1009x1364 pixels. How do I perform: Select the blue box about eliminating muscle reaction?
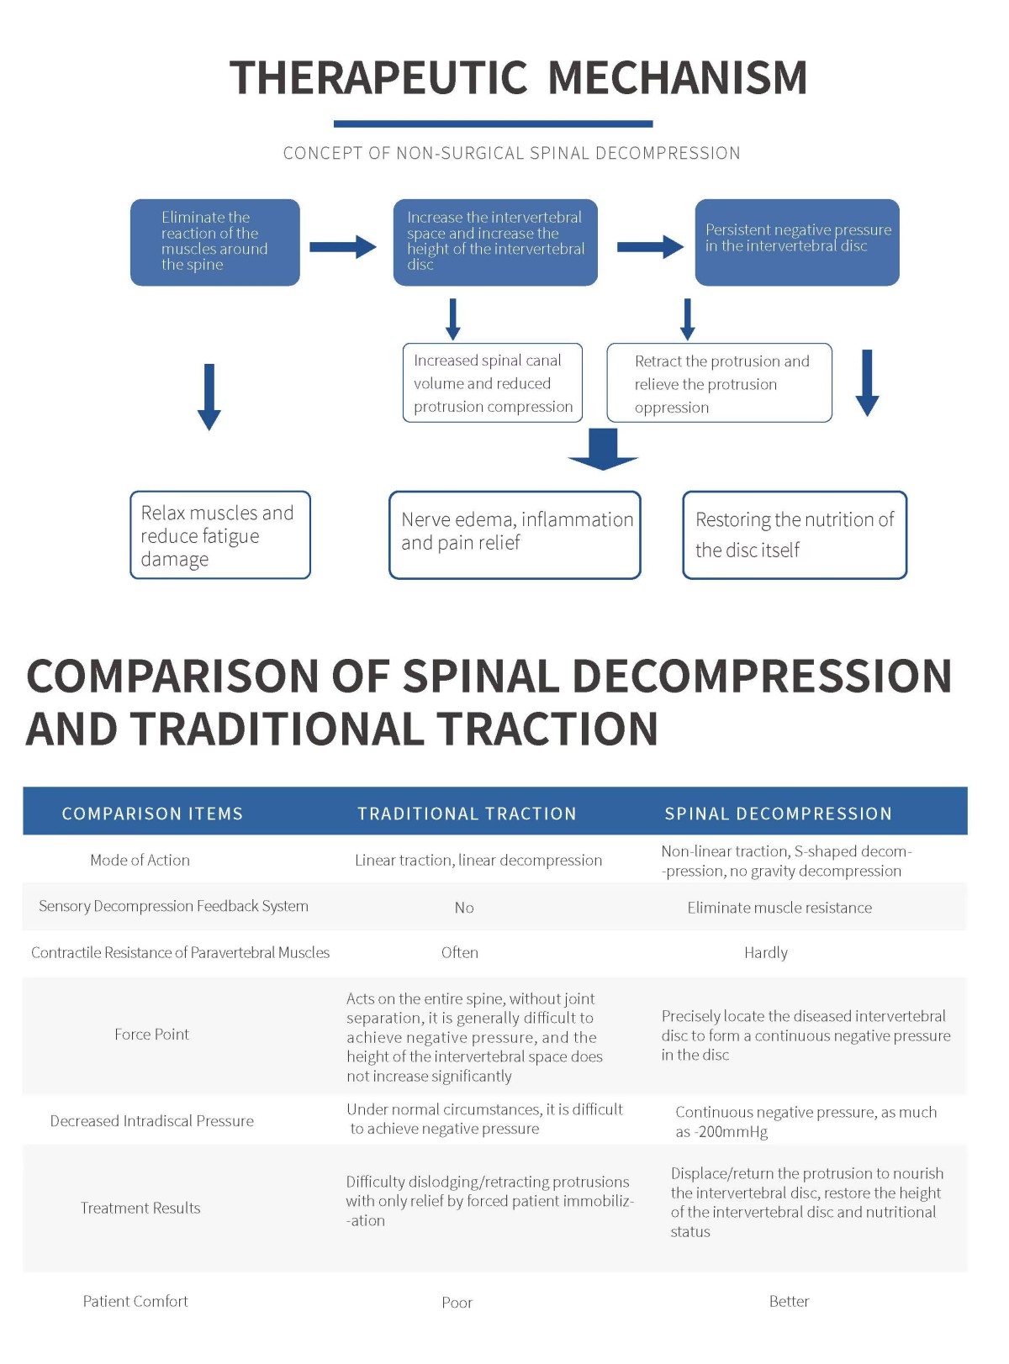tap(214, 242)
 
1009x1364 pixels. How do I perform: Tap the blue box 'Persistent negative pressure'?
tap(797, 242)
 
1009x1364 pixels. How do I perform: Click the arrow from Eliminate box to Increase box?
tap(343, 246)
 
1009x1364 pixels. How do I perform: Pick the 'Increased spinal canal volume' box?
tap(492, 382)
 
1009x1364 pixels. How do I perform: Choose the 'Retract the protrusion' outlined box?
tap(719, 382)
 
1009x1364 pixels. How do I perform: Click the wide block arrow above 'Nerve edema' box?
tap(603, 449)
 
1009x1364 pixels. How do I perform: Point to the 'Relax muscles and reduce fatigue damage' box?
tap(220, 535)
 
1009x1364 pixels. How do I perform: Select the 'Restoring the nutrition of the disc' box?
tap(795, 535)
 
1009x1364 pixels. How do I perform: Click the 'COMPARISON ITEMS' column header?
tap(152, 814)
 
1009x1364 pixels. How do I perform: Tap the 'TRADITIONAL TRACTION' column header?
tap(467, 814)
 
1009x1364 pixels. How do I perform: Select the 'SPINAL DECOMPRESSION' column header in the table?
tap(779, 814)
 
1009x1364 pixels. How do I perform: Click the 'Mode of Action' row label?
tap(140, 860)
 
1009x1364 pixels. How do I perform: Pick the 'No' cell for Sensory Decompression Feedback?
tap(464, 908)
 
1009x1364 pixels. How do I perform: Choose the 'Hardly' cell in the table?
tap(766, 953)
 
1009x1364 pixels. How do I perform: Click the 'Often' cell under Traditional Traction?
tap(460, 952)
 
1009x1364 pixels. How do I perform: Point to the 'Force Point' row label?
tap(152, 1035)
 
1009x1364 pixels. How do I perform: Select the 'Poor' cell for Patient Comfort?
tap(457, 1303)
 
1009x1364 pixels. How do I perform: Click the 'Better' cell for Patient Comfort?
tap(790, 1301)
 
